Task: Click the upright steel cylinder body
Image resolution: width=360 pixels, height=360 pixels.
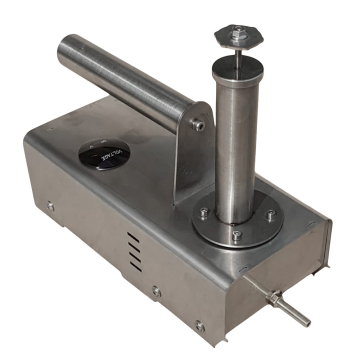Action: click(x=236, y=140)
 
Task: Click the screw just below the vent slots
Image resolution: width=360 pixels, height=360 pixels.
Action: click(x=156, y=291)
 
